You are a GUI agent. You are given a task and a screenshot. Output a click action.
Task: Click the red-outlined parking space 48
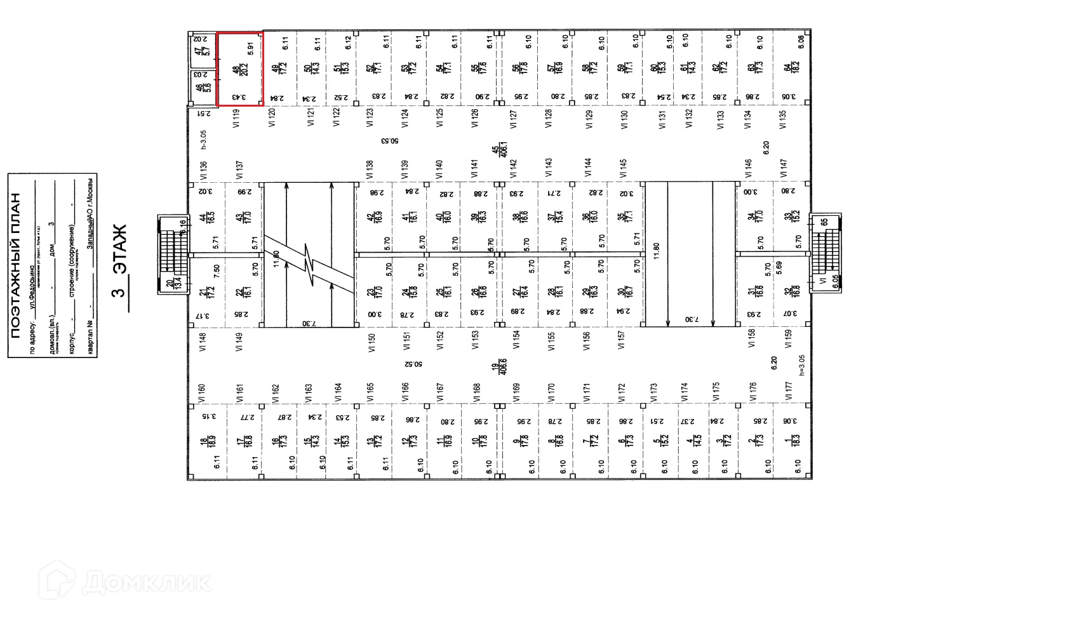tap(240, 69)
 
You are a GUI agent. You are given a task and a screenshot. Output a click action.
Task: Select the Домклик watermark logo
tap(126, 581)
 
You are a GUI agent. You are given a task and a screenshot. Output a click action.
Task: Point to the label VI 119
tap(237, 119)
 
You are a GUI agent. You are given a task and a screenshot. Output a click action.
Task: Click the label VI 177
tap(789, 391)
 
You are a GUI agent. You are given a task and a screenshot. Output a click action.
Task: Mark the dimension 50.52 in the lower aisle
tap(417, 365)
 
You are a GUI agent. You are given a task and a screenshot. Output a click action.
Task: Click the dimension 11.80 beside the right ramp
tap(657, 250)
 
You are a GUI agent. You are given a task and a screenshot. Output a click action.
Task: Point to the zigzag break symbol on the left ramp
tap(309, 263)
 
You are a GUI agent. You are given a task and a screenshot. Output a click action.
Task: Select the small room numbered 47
tap(201, 48)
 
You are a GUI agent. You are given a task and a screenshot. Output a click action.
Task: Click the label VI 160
tap(202, 394)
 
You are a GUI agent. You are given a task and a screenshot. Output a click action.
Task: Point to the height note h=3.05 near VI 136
tap(203, 139)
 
